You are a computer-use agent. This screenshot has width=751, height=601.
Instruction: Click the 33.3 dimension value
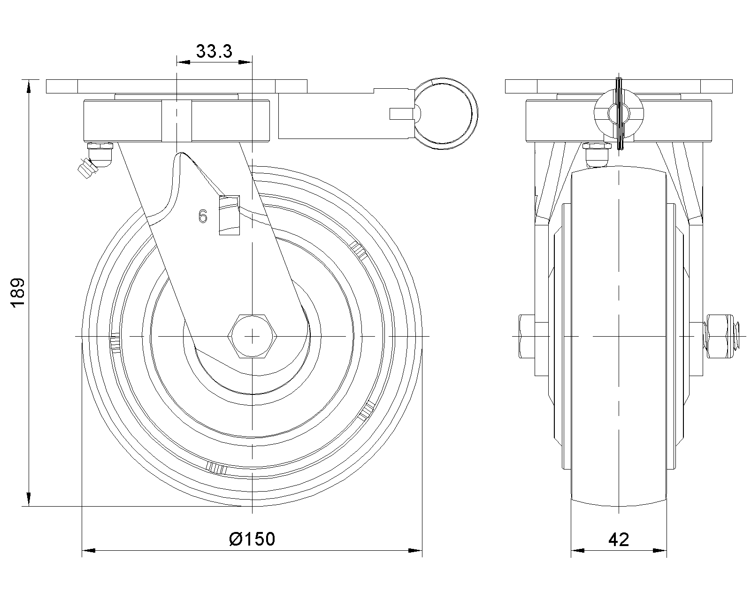[x=214, y=51]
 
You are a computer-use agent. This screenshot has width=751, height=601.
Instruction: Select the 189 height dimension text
[x=18, y=293]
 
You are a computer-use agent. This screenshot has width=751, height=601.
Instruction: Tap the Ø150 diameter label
[x=252, y=539]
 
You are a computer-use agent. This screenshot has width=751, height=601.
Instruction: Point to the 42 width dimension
[x=618, y=539]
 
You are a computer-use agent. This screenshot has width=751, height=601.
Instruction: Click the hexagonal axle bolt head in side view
[x=252, y=336]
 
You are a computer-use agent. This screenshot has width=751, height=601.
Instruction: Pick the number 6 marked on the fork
[x=203, y=216]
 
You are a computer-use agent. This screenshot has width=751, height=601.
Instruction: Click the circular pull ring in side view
[x=443, y=114]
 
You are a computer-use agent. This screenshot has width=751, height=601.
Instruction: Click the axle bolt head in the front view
[x=527, y=336]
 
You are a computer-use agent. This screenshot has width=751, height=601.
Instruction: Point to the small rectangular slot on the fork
[x=229, y=215]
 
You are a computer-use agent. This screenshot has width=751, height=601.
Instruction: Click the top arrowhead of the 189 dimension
[x=29, y=85]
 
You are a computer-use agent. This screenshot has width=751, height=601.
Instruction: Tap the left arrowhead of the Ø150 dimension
[x=89, y=551]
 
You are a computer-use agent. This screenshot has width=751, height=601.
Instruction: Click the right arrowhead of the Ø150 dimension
[x=415, y=551]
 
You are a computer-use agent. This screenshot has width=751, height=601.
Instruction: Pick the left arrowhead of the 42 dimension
[x=578, y=551]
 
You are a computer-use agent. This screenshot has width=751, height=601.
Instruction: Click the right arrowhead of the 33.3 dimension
[x=245, y=62]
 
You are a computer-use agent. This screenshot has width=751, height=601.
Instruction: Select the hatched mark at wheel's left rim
[x=115, y=343]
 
